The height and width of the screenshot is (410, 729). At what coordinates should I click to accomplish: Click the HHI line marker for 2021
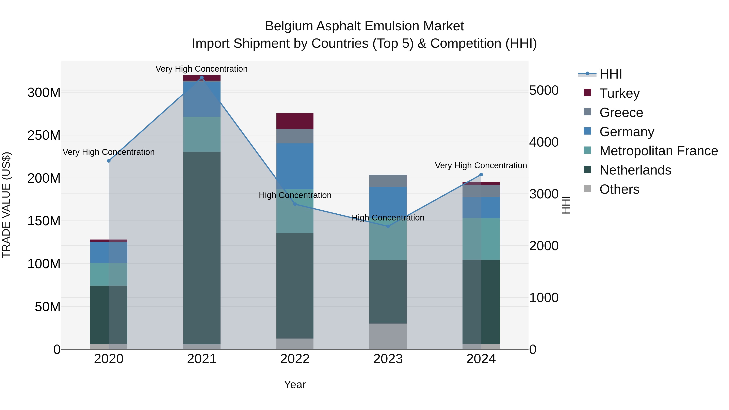tap(202, 78)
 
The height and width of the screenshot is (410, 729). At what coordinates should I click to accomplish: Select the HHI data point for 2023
tap(388, 226)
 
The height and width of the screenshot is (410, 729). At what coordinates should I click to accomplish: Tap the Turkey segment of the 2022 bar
tap(295, 121)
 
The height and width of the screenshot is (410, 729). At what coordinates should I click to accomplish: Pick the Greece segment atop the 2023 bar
tap(388, 181)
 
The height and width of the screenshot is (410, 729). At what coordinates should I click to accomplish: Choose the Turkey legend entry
tap(619, 93)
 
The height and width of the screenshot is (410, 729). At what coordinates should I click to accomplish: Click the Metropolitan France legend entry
tap(659, 151)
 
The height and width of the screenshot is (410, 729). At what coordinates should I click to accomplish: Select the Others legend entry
tap(619, 189)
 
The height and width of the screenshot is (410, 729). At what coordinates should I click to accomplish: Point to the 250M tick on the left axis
tap(44, 135)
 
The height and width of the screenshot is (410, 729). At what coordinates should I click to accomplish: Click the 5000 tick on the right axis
tap(544, 91)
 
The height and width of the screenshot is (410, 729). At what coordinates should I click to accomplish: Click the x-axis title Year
tap(295, 384)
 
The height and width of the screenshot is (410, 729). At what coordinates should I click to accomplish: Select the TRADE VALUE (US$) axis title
tap(6, 205)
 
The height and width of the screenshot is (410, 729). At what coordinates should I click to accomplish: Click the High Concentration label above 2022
tap(295, 195)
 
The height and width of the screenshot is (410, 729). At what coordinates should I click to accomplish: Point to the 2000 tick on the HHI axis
tap(544, 246)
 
